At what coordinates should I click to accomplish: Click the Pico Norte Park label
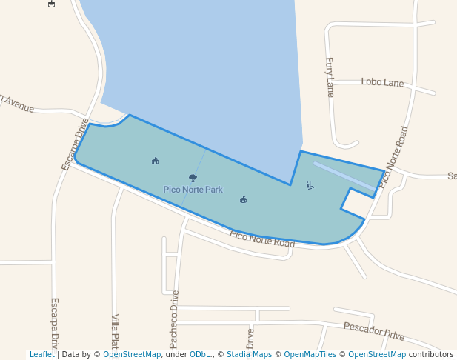pyautogui.click(x=193, y=190)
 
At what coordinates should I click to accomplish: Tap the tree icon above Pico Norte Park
pyautogui.click(x=193, y=178)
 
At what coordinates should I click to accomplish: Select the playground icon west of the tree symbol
pyautogui.click(x=155, y=161)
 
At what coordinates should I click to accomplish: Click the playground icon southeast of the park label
pyautogui.click(x=243, y=199)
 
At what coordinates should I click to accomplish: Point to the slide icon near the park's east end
pyautogui.click(x=310, y=184)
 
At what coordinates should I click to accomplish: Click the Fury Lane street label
pyautogui.click(x=330, y=77)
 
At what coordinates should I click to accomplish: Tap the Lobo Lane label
pyautogui.click(x=382, y=82)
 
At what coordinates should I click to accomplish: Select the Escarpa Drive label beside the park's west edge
pyautogui.click(x=75, y=144)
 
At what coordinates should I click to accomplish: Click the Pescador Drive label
pyautogui.click(x=374, y=330)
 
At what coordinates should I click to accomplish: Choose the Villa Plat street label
pyautogui.click(x=115, y=331)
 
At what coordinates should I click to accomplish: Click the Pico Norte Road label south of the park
pyautogui.click(x=261, y=239)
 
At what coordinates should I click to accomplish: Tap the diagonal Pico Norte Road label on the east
pyautogui.click(x=393, y=156)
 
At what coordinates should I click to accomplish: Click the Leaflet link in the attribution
pyautogui.click(x=41, y=354)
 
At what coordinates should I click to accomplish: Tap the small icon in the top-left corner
pyautogui.click(x=51, y=3)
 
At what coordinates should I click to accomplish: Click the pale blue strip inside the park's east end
pyautogui.click(x=345, y=176)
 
